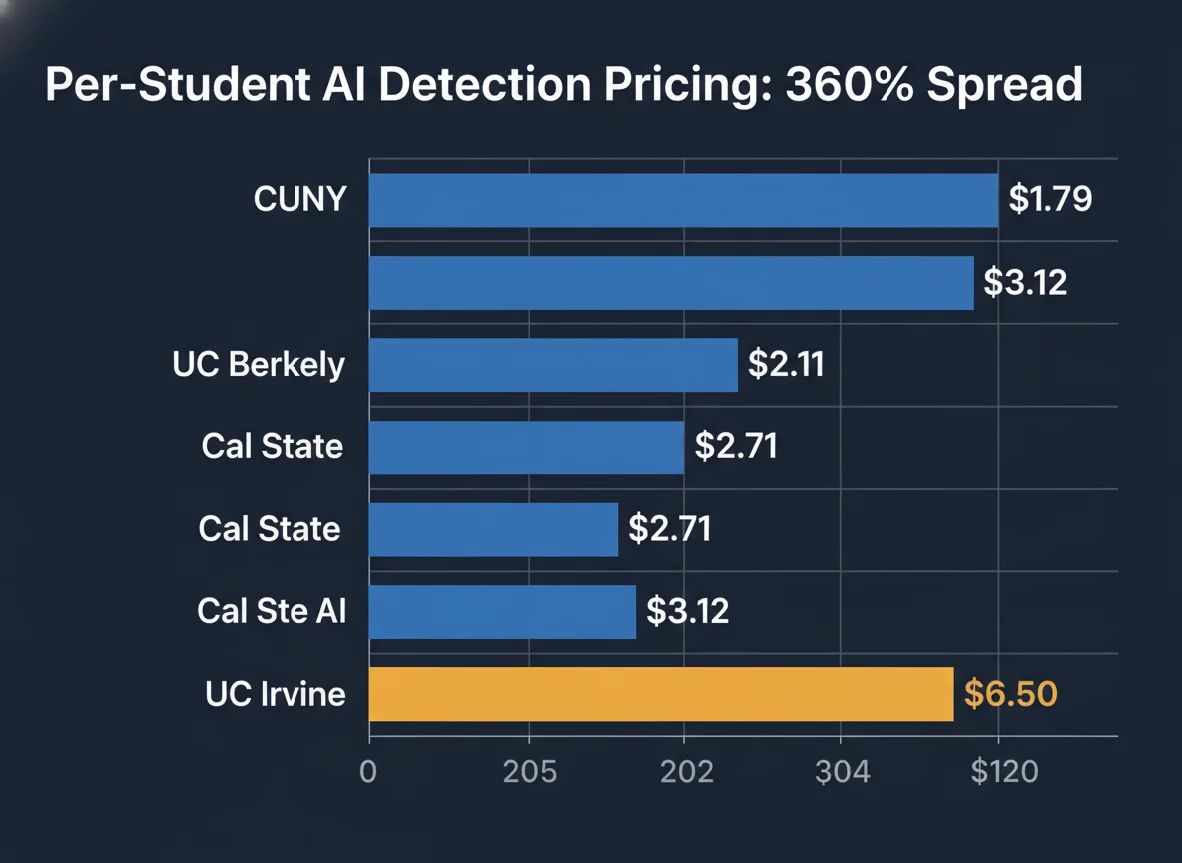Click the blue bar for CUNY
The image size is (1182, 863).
click(x=684, y=200)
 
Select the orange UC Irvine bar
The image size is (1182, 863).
click(x=661, y=694)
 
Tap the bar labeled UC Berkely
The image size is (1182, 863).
click(x=553, y=365)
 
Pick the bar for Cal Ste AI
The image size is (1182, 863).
click(x=502, y=611)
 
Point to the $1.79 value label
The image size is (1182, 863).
click(x=1050, y=199)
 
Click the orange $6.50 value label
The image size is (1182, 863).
click(x=1010, y=693)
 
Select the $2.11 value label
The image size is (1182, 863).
click(x=786, y=365)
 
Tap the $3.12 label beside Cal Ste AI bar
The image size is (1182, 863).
click(x=687, y=610)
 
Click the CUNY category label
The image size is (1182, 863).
click(x=299, y=199)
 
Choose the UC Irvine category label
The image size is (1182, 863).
click(x=276, y=693)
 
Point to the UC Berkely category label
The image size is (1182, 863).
click(x=259, y=365)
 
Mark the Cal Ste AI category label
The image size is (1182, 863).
click(x=272, y=610)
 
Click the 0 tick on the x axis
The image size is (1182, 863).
click(x=368, y=772)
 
